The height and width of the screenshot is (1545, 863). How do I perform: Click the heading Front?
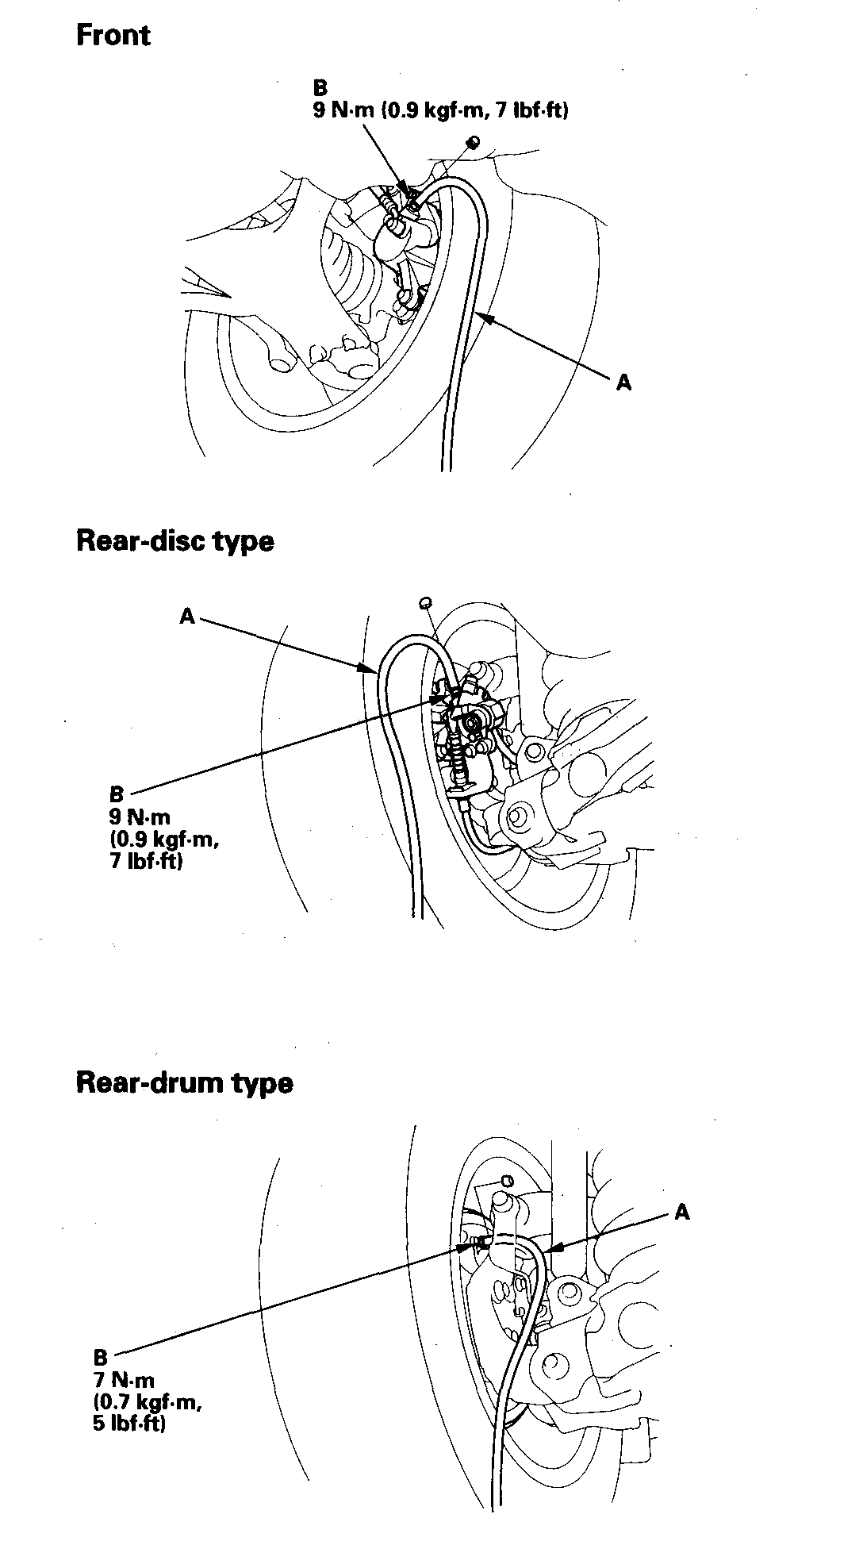(113, 36)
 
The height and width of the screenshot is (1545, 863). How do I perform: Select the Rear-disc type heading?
(175, 541)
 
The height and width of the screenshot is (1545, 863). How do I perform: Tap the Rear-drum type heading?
(184, 1083)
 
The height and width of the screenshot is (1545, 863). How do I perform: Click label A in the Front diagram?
(623, 382)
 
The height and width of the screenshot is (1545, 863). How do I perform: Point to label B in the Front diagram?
(320, 88)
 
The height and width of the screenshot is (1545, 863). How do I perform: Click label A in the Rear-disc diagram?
(187, 616)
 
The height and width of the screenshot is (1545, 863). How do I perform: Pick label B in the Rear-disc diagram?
(117, 794)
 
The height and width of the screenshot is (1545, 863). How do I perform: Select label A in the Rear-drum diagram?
(681, 1212)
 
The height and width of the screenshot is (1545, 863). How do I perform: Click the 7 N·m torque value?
(124, 1380)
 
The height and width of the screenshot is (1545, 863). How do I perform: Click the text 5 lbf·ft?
(129, 1424)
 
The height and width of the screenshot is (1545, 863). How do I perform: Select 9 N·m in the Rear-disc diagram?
(140, 817)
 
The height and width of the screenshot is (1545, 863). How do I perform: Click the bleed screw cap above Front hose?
(473, 142)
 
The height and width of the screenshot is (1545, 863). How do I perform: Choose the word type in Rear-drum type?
(262, 1084)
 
